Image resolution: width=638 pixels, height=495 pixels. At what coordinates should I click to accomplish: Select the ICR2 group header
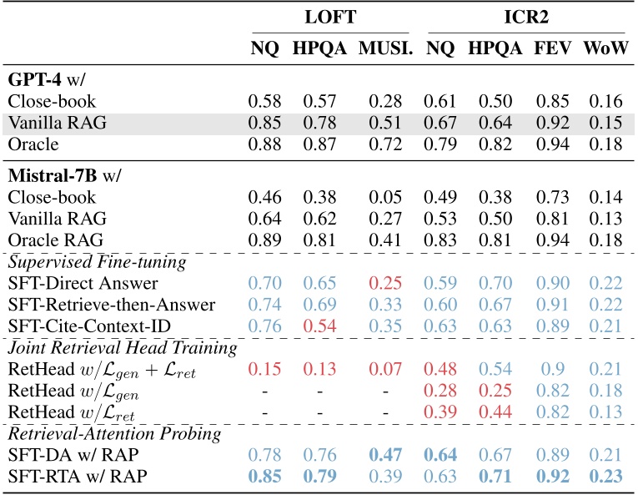point(525,16)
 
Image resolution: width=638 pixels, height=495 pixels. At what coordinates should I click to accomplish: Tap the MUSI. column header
point(382,48)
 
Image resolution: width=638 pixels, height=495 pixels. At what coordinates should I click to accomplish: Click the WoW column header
point(605,48)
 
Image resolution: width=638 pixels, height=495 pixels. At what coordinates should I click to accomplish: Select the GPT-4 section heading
point(40,81)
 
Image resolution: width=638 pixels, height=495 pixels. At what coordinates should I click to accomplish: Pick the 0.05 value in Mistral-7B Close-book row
point(382,199)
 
